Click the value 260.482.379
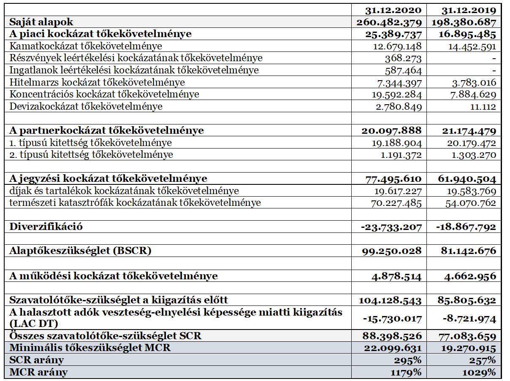pos(389,22)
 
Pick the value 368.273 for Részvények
pos(403,58)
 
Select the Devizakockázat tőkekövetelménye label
pos(86,106)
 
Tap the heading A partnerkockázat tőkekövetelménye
pos(107,130)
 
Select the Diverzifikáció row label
pos(46,227)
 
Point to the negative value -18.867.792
pos(466,227)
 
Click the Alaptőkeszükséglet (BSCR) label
pos(80,251)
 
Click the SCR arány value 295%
pos(410,360)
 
